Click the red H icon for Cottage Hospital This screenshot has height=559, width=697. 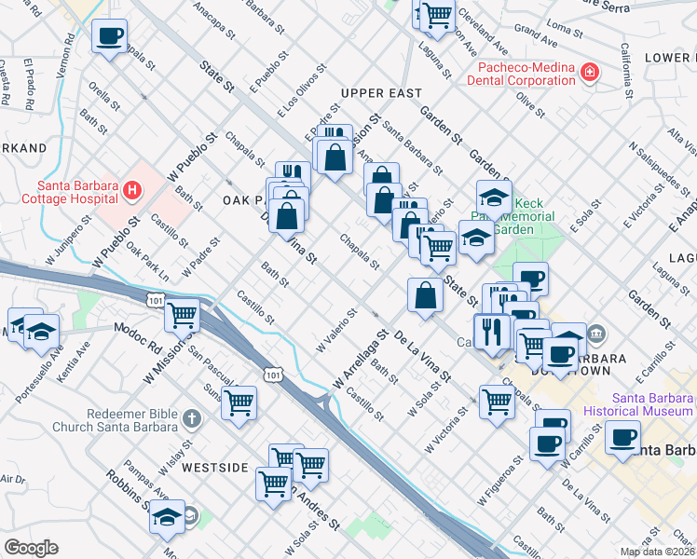[132, 191]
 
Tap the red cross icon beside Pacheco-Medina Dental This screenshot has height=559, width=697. [589, 73]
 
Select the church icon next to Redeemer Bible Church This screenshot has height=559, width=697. [192, 419]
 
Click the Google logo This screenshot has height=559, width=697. [31, 547]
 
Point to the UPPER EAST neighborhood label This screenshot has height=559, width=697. [381, 94]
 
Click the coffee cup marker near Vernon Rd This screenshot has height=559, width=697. [110, 36]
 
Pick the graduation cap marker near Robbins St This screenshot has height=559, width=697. [168, 516]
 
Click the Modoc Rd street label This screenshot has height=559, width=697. [138, 330]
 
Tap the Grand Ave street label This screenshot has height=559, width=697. [536, 36]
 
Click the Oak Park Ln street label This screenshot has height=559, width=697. [148, 264]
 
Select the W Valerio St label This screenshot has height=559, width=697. [336, 332]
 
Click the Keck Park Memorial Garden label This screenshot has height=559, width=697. [526, 216]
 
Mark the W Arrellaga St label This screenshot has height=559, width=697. [360, 360]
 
